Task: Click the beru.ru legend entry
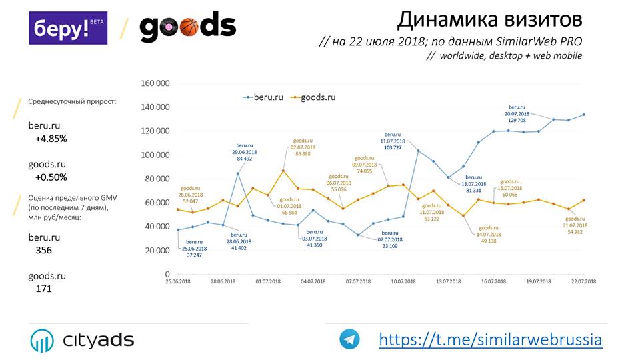pyautogui.click(x=267, y=97)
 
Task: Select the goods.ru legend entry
pyautogui.click(x=314, y=97)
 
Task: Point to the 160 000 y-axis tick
pyautogui.click(x=156, y=83)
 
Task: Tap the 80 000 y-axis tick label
pyautogui.click(x=158, y=179)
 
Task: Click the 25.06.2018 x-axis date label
pyautogui.click(x=178, y=282)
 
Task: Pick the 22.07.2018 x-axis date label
pyautogui.click(x=583, y=282)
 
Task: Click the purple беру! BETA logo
pyautogui.click(x=68, y=28)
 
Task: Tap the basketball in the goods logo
pyautogui.click(x=189, y=27)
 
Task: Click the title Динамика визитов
pyautogui.click(x=489, y=19)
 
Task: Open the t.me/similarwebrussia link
pyautogui.click(x=490, y=339)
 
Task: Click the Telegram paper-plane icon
pyautogui.click(x=349, y=339)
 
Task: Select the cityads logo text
pyautogui.click(x=98, y=340)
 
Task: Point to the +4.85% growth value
pyautogui.click(x=51, y=139)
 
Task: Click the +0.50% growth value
pyautogui.click(x=51, y=177)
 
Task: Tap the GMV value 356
pyautogui.click(x=43, y=250)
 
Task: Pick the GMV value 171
pyautogui.click(x=43, y=289)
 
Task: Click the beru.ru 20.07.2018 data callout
pyautogui.click(x=517, y=113)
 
